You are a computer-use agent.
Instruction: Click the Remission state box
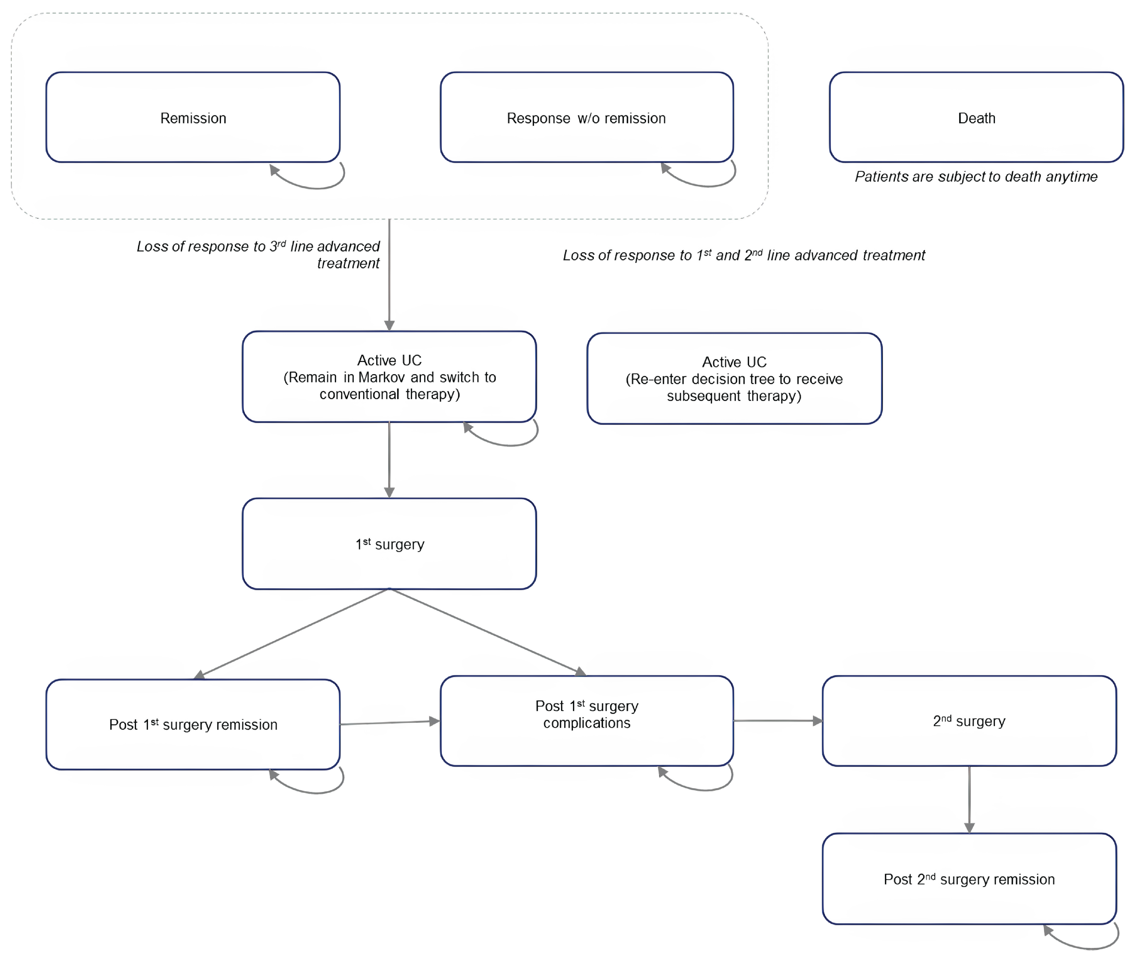(x=193, y=117)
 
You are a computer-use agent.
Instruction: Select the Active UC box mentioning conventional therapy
(x=389, y=377)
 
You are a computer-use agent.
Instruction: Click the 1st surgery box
(x=389, y=544)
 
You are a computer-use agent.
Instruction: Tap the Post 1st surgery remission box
(x=193, y=724)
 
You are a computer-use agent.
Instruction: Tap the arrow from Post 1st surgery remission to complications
(x=389, y=722)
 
